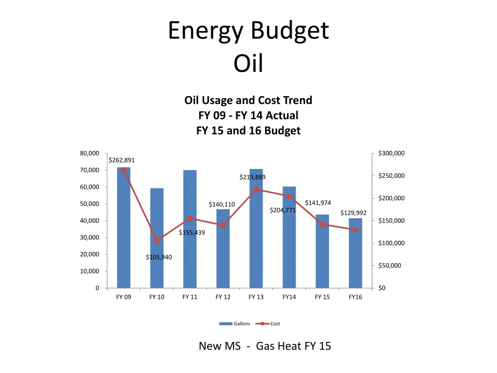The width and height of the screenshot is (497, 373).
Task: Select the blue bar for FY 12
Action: (223, 253)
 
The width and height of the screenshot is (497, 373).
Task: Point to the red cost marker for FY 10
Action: (157, 240)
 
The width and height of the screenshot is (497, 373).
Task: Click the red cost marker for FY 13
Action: (256, 189)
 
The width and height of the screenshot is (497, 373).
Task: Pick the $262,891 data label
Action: (122, 160)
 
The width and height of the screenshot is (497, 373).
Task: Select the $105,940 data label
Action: (159, 257)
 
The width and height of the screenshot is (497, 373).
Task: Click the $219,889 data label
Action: (252, 177)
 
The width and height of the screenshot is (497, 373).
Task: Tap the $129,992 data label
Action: (353, 213)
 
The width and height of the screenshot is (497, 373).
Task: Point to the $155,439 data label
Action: (192, 233)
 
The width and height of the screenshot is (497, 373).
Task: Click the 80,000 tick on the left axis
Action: (90, 153)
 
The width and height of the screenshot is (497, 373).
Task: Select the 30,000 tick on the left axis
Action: (90, 237)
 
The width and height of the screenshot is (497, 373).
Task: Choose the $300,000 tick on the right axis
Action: (391, 153)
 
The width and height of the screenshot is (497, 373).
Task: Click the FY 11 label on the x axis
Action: (190, 297)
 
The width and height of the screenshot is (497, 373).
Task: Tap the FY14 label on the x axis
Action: (289, 297)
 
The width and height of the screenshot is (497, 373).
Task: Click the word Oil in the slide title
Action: (248, 64)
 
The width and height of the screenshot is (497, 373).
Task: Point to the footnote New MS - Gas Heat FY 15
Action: (265, 346)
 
